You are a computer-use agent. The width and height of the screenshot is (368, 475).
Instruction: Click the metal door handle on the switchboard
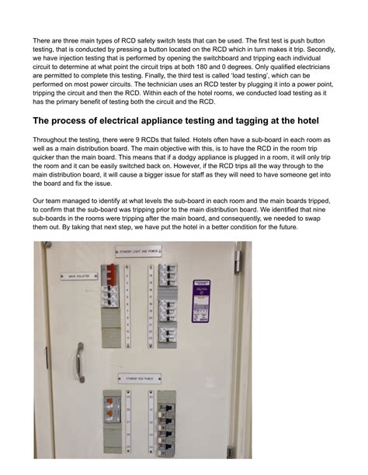point(78,361)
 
